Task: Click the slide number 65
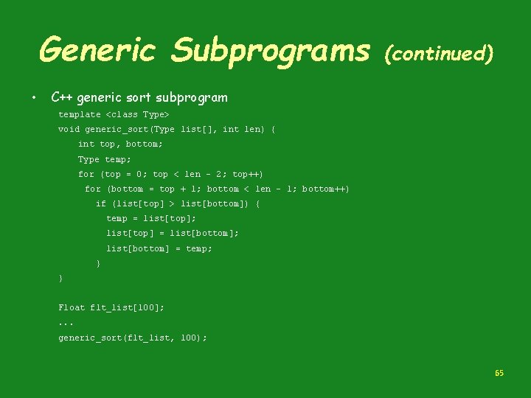coord(499,374)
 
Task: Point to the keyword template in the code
coord(80,115)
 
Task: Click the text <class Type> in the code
coord(138,115)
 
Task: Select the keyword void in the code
coord(69,130)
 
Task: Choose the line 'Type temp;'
coord(105,159)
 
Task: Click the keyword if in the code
coord(101,204)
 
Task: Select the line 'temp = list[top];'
coord(151,219)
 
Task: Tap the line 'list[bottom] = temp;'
coord(159,248)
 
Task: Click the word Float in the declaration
coord(72,307)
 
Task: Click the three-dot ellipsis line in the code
coord(66,323)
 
